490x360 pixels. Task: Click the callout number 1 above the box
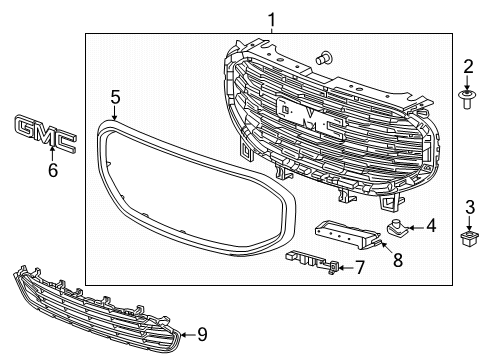(272, 20)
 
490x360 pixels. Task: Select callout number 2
(468, 66)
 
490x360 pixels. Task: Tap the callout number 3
(470, 207)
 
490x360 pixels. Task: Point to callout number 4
(431, 226)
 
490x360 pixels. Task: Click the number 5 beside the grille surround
(115, 97)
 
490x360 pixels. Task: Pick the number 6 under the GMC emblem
(53, 170)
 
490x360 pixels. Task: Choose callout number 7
(359, 268)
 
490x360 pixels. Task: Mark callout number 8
(398, 260)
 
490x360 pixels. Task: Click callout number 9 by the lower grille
(202, 334)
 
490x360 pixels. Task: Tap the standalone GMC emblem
(46, 134)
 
